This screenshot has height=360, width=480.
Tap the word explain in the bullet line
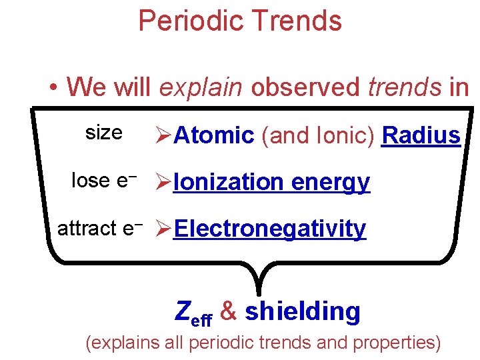point(201,87)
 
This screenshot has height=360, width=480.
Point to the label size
point(103,133)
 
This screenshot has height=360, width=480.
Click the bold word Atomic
point(214,135)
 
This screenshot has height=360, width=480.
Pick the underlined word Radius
point(421,135)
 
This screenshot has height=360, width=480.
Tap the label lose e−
point(104,180)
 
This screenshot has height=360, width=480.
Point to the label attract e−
point(101,228)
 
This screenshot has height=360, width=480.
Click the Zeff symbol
point(193,312)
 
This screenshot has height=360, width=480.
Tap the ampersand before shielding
point(228,311)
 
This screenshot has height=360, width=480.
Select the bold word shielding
point(303,311)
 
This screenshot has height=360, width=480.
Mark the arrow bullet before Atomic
point(163,135)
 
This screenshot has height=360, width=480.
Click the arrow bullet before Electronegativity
point(163,229)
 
